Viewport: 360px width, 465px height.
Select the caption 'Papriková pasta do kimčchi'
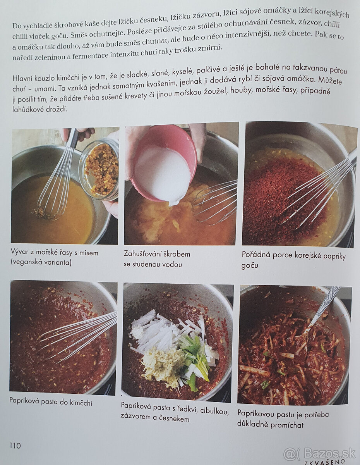click(x=51, y=402)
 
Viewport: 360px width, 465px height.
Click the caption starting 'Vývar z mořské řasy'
click(x=55, y=258)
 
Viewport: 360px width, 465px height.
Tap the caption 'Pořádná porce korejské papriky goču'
click(x=293, y=260)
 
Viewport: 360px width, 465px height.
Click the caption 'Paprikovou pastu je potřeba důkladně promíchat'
click(x=283, y=419)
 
